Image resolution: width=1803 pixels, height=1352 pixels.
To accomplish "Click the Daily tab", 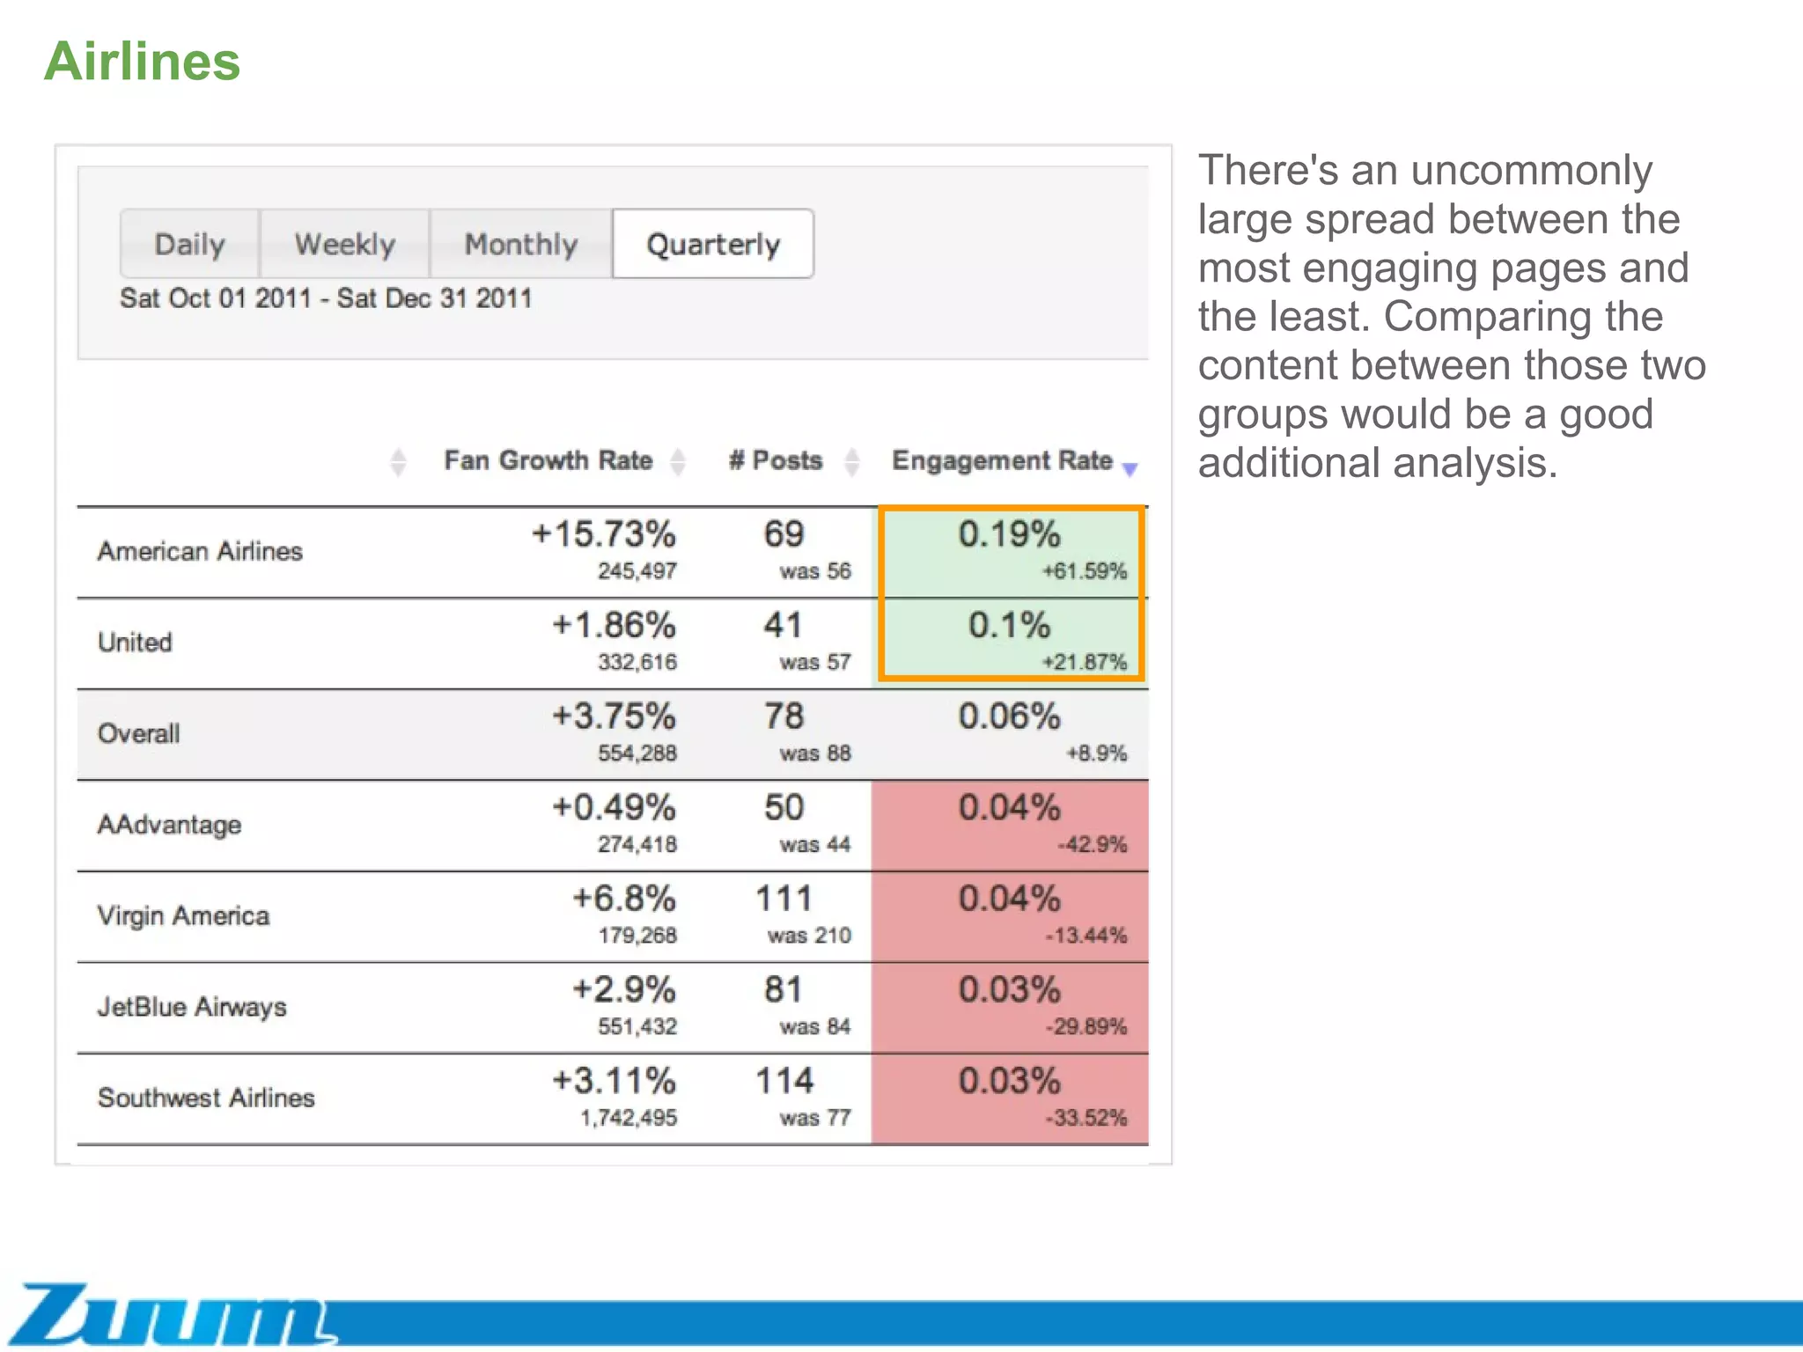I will click(189, 244).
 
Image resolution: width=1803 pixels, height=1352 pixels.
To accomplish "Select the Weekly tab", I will click(344, 244).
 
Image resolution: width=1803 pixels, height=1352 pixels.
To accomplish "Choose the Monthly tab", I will click(520, 244).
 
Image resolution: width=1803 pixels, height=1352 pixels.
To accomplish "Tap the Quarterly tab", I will click(713, 244).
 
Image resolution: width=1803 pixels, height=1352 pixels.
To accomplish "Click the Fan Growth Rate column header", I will click(548, 460).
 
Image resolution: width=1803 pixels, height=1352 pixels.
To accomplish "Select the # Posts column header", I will click(776, 460).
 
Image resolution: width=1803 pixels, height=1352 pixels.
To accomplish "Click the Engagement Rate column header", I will click(1002, 460).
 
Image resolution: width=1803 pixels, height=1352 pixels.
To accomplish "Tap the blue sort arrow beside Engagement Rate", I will click(1130, 469).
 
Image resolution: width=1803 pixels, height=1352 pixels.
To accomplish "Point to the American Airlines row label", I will click(200, 552).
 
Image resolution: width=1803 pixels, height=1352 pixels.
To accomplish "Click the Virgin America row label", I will click(183, 916).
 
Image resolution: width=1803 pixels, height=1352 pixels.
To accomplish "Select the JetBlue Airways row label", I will click(192, 1007).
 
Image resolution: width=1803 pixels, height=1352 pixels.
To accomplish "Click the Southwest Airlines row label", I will click(206, 1098).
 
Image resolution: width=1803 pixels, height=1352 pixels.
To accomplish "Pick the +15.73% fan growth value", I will click(604, 534).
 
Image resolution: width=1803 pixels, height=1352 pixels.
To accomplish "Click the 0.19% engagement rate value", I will click(1009, 534).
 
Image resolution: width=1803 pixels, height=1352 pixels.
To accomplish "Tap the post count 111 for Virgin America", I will click(784, 899).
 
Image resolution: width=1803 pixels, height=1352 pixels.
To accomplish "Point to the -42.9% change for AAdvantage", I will click(1092, 845).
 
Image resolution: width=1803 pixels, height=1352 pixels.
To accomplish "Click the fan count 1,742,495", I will click(629, 1118).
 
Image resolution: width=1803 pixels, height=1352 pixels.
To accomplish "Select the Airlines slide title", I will click(142, 62).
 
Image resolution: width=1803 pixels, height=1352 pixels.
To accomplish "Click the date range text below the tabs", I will click(326, 298).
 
